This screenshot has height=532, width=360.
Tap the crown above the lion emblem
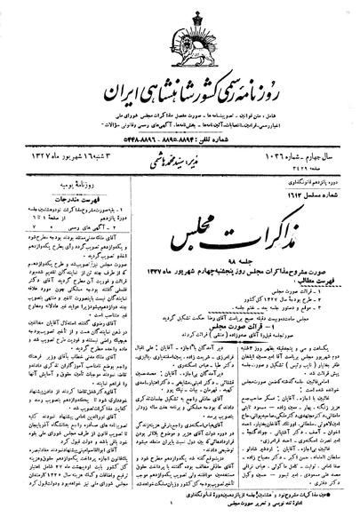tap(180, 19)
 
